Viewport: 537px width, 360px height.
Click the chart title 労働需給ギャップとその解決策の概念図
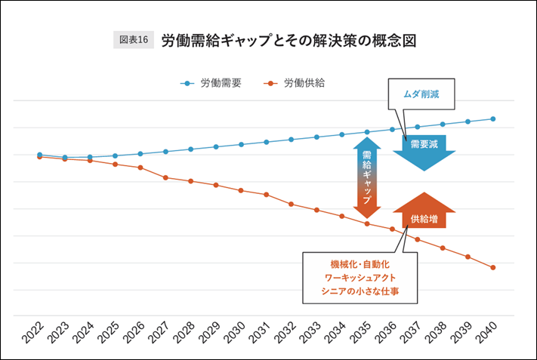pyautogui.click(x=289, y=40)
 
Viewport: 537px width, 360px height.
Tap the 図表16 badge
pyautogui.click(x=134, y=40)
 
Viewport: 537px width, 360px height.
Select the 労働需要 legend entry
pyautogui.click(x=213, y=84)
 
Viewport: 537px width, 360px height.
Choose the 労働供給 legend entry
pyautogui.click(x=296, y=84)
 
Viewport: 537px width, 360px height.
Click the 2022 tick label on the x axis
pyautogui.click(x=34, y=332)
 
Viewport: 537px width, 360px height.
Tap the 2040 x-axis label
pyautogui.click(x=488, y=332)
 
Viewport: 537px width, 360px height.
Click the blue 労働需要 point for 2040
pyautogui.click(x=493, y=118)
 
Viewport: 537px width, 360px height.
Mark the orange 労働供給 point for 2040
pyautogui.click(x=493, y=267)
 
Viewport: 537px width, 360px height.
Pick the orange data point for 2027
pyautogui.click(x=165, y=177)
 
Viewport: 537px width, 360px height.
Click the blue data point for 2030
pyautogui.click(x=241, y=144)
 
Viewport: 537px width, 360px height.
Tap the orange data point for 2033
pyautogui.click(x=316, y=210)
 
